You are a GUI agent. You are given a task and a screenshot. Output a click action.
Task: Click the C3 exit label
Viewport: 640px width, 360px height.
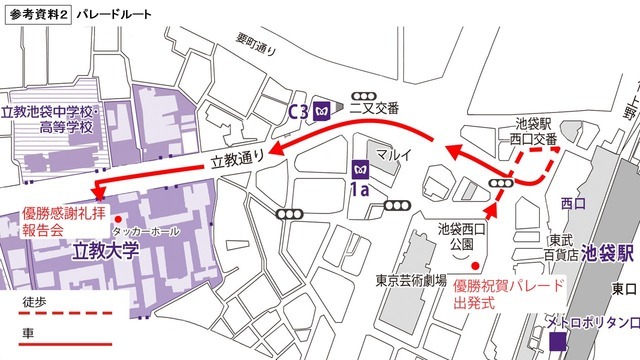[298, 110]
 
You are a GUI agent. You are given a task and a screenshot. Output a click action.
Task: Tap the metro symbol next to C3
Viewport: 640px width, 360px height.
[322, 110]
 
